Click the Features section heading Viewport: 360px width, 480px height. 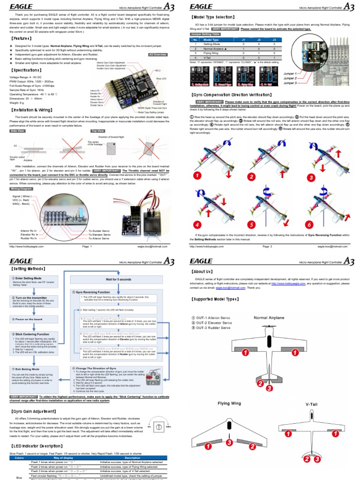[20, 37]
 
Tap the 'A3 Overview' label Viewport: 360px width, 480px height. [158, 55]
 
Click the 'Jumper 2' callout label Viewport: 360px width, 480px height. [289, 78]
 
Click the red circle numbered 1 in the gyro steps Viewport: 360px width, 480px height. [198, 175]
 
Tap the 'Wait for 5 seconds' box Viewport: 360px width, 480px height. [119, 280]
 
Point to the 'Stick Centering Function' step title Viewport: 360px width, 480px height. [35, 334]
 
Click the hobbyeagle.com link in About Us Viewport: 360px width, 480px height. [288, 284]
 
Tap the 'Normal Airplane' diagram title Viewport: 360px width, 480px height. [269, 318]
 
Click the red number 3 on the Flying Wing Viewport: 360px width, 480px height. [229, 442]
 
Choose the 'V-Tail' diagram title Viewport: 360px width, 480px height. [312, 403]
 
